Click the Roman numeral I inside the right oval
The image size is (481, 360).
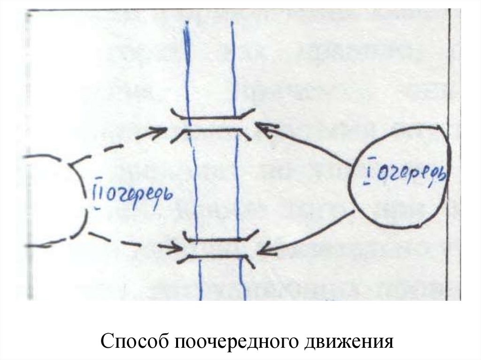(368, 174)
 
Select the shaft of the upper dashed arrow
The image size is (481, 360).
(113, 145)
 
